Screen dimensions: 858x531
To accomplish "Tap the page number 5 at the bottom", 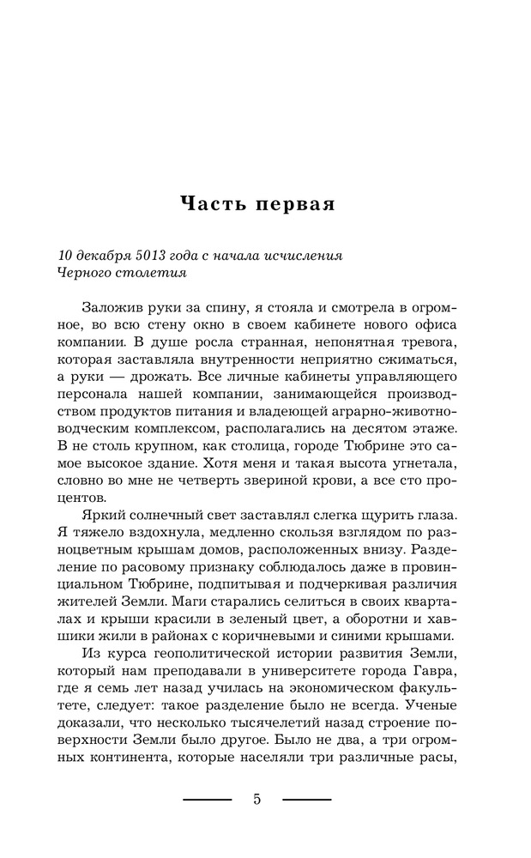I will pyautogui.click(x=257, y=800).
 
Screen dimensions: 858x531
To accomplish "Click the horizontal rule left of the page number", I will pyautogui.click(x=208, y=800).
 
